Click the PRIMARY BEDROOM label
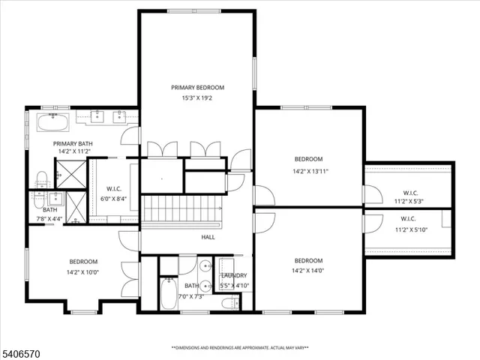coord(197,88)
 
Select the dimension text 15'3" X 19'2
coord(197,98)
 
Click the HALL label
coord(208,237)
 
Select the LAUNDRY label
coord(234,275)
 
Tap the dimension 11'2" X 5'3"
coord(409,201)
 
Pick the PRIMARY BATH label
coord(72,143)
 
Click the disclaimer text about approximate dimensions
coord(240,348)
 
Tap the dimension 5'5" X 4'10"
coord(233,286)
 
